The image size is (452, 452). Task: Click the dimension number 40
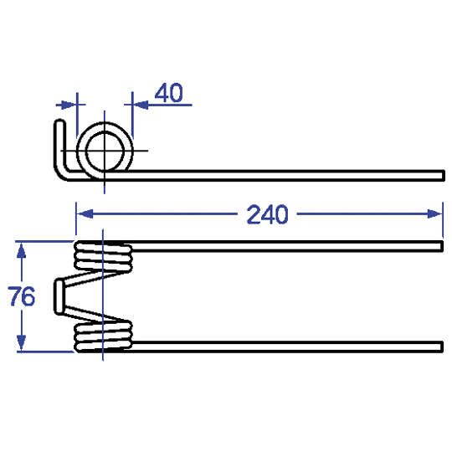[x=168, y=93]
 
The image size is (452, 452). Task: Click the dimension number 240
[x=267, y=214]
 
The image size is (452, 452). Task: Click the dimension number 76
[x=21, y=296]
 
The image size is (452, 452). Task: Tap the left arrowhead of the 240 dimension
[x=85, y=214]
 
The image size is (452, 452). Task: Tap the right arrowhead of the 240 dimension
[x=434, y=214]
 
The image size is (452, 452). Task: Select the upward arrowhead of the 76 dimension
[x=21, y=250]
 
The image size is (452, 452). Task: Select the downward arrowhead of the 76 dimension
[x=21, y=342]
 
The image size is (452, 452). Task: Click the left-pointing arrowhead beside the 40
[x=141, y=105]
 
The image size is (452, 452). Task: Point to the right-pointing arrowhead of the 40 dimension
[x=68, y=105]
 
